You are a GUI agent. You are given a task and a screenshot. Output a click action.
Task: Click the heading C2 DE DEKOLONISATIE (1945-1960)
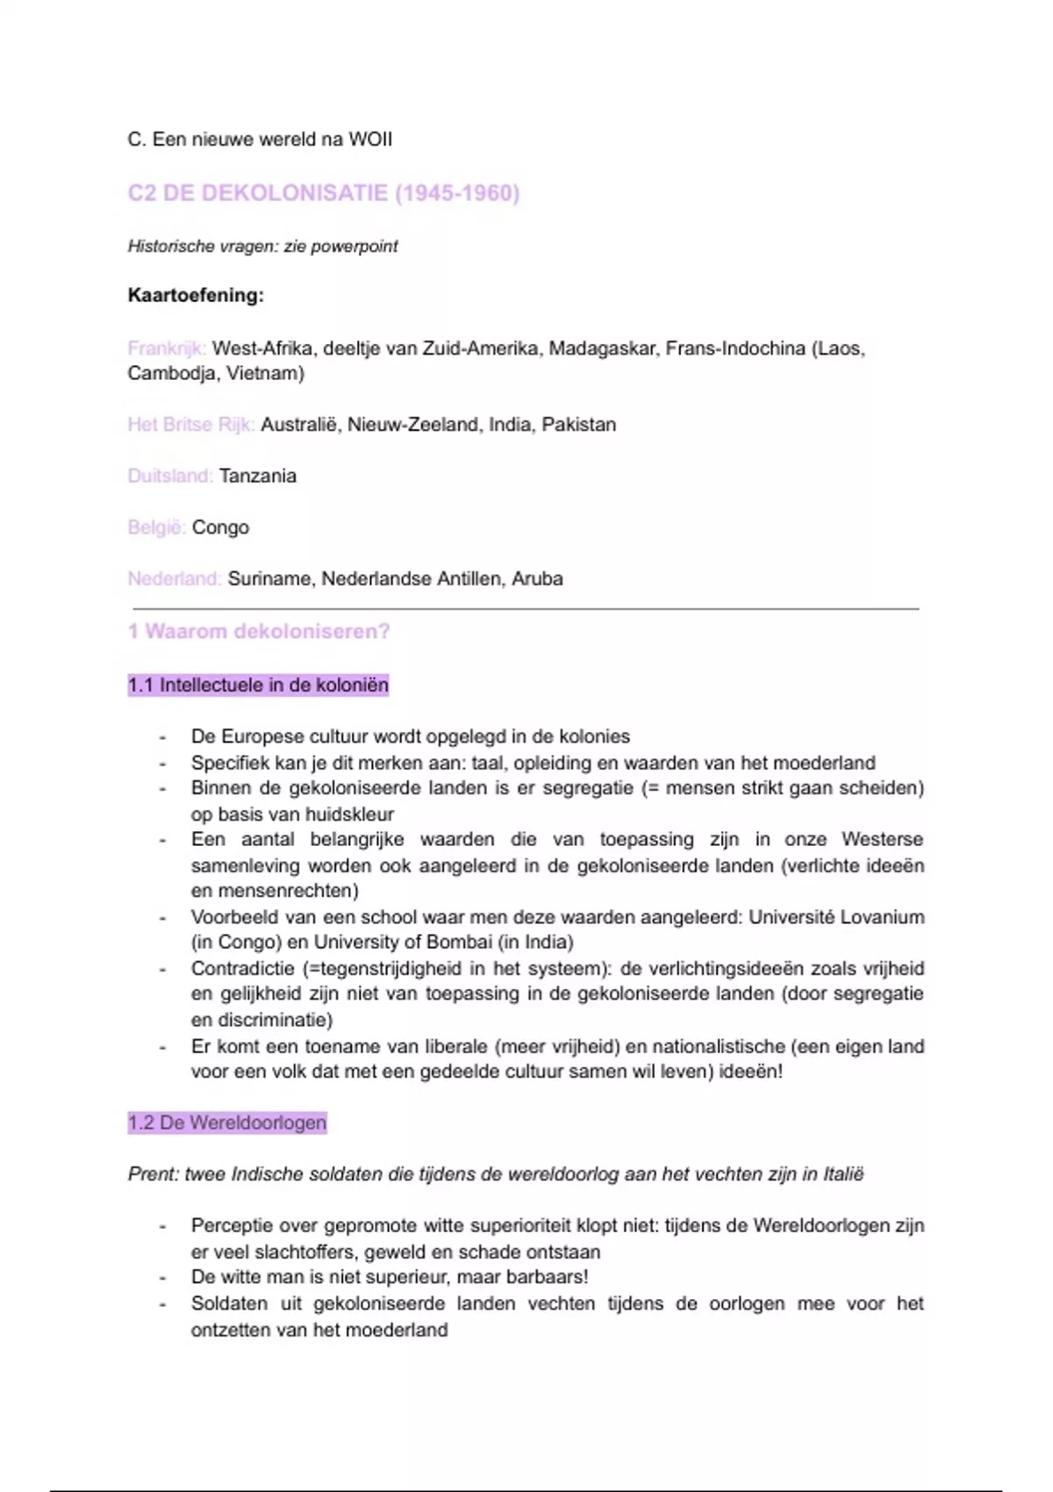pos(323,193)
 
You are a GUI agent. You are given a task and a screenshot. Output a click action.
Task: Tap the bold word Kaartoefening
pos(195,295)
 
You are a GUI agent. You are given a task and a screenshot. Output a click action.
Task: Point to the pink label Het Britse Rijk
pos(190,425)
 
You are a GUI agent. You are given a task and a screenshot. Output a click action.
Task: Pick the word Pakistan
pos(578,425)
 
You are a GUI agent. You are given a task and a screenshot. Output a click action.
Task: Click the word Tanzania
pos(258,476)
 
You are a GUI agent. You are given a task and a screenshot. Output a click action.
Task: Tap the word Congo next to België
pos(220,527)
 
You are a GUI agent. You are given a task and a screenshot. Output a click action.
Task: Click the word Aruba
pos(537,579)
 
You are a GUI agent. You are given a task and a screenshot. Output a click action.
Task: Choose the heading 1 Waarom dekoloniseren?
pos(259,632)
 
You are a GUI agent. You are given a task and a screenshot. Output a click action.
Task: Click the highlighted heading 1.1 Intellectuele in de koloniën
pos(258,685)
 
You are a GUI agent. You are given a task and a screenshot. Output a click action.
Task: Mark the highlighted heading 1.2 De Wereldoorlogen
pos(226,1123)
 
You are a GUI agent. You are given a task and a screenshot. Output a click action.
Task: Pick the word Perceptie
pos(231,1226)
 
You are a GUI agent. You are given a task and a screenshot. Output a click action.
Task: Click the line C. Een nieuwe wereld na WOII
pos(260,140)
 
